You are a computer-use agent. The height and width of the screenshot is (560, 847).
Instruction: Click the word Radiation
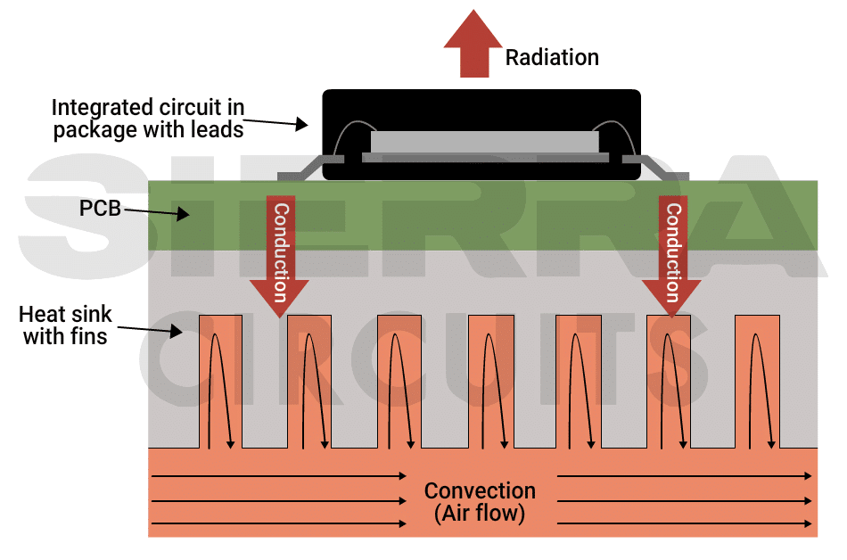(552, 58)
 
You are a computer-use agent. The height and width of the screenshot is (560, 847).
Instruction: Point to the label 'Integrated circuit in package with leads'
(147, 119)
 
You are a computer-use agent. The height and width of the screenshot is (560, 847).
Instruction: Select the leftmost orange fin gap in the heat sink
(220, 382)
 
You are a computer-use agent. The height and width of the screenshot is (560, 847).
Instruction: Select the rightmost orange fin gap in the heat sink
(757, 382)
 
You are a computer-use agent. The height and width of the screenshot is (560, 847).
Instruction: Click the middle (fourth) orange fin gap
(489, 382)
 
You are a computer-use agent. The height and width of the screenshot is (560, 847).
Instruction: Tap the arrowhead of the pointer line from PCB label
(185, 214)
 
